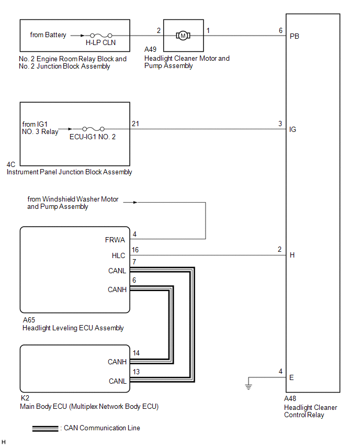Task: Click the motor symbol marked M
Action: click(183, 36)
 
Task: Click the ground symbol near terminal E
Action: click(249, 386)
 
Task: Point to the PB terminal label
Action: click(294, 37)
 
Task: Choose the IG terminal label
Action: click(292, 129)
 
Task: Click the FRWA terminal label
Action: click(116, 240)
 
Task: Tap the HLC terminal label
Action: click(119, 255)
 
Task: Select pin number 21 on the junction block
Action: click(136, 123)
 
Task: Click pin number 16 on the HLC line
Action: click(136, 250)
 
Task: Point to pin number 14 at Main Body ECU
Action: click(136, 353)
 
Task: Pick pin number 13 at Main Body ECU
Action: click(136, 373)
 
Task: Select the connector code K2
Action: click(25, 398)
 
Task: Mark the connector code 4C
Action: click(11, 163)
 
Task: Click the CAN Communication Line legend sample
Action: click(46, 428)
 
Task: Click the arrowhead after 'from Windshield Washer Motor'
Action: click(137, 202)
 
